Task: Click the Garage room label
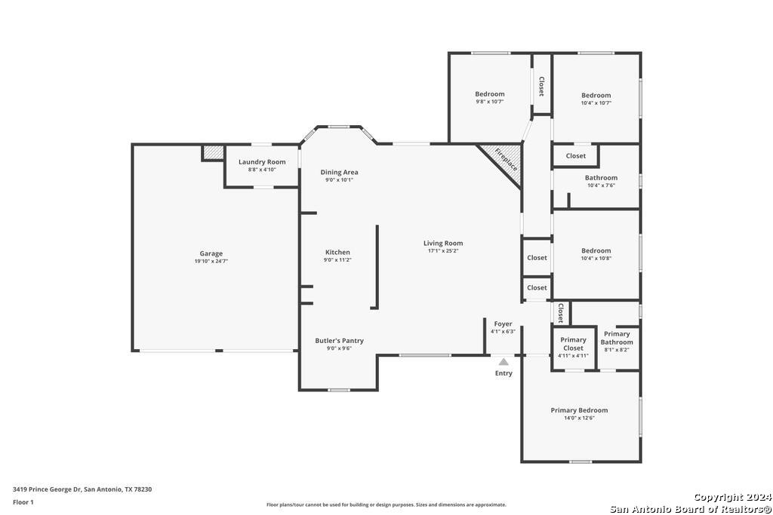[x=211, y=253]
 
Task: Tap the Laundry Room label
[x=262, y=161]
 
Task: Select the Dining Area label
[x=339, y=172]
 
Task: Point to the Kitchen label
[x=337, y=252]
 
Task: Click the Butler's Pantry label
[x=339, y=340]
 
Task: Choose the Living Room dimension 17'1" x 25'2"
[x=443, y=250]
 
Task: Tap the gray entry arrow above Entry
[x=504, y=362]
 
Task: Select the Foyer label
[x=503, y=324]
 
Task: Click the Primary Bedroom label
[x=579, y=410]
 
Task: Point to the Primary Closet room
[x=574, y=348]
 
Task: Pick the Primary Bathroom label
[x=617, y=338]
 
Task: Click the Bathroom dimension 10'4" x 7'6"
[x=602, y=185]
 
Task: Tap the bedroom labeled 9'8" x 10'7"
[x=489, y=97]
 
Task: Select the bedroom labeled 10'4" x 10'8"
[x=596, y=254]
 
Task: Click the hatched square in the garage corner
[x=213, y=152]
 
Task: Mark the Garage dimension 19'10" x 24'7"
[x=211, y=262]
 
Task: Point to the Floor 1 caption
[x=23, y=502]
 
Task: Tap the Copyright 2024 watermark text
[x=732, y=497]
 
